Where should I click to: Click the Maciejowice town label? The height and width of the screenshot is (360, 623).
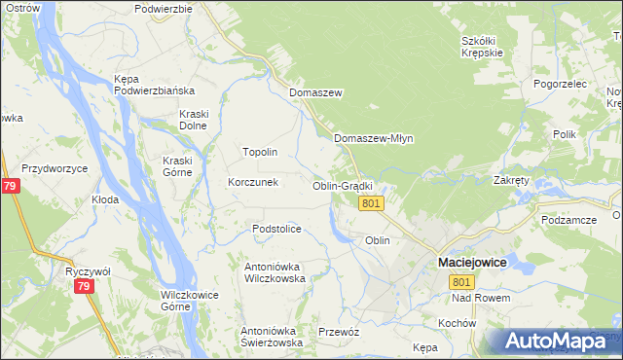click(x=474, y=263)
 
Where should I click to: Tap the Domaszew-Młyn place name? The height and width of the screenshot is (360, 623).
click(x=374, y=138)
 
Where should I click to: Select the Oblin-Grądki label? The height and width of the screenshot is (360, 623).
click(x=343, y=186)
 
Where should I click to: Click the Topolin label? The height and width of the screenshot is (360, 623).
click(x=260, y=153)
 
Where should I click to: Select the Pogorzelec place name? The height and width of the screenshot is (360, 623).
click(x=560, y=85)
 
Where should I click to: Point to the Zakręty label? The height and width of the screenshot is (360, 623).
click(x=511, y=181)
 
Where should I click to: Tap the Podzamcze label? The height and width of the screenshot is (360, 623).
click(x=569, y=221)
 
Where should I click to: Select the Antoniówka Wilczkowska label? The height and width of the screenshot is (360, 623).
click(x=275, y=271)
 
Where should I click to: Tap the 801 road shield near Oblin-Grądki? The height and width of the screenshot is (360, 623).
click(x=371, y=203)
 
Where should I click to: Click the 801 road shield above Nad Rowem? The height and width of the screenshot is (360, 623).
click(x=460, y=281)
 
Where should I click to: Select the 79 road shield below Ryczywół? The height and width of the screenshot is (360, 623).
click(x=84, y=287)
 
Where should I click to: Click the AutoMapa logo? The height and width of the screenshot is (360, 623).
click(x=552, y=342)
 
